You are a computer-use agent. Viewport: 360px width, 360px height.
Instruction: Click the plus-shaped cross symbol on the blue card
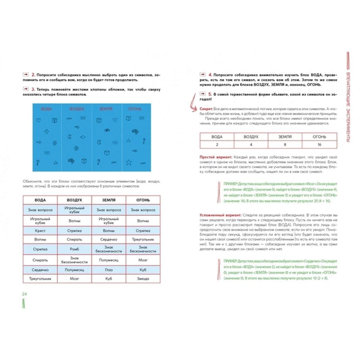[47, 131]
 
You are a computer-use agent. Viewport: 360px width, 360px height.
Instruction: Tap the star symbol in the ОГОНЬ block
[129, 163]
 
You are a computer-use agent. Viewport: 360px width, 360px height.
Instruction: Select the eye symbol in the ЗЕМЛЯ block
[107, 130]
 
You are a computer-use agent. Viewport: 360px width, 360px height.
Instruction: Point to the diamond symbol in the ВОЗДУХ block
[82, 137]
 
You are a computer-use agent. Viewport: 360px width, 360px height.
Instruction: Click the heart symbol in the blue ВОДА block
[38, 120]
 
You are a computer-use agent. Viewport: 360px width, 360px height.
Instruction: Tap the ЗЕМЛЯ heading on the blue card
[106, 109]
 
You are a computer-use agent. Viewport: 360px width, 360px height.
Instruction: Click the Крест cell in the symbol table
[40, 231]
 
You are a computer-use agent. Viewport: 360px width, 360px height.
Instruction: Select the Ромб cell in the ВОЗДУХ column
[74, 249]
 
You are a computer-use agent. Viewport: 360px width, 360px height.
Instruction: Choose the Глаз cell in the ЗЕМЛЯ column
[109, 270]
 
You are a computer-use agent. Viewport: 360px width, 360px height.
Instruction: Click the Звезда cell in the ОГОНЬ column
[143, 279]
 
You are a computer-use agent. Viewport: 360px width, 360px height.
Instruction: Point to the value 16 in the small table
[319, 145]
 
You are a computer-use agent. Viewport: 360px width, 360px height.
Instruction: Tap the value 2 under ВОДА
[217, 145]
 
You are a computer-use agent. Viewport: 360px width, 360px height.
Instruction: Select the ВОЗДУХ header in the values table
[251, 137]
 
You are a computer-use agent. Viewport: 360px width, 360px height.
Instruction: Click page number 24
[24, 294]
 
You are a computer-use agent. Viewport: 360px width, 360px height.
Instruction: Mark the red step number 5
[210, 94]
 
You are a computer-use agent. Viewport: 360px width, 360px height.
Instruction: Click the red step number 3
[34, 89]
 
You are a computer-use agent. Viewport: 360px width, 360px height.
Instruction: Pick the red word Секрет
[206, 109]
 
